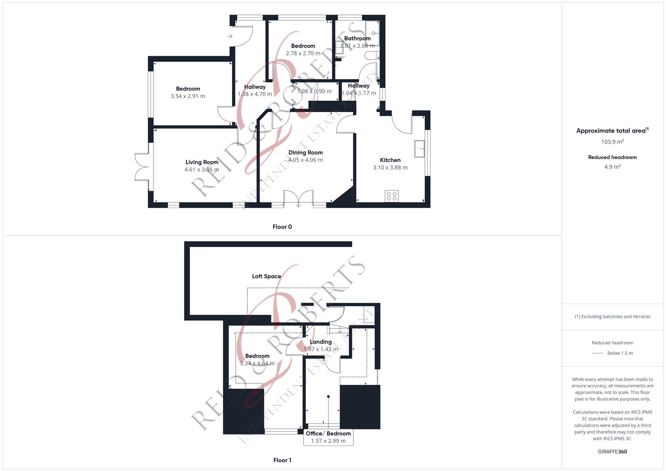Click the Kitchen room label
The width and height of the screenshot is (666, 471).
(x=390, y=160)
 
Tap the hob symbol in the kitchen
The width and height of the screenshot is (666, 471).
(x=392, y=196)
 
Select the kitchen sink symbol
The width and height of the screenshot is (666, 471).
(x=420, y=148)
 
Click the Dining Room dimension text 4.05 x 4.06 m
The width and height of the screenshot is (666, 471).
(x=305, y=160)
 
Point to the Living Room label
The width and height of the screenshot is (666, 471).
(x=202, y=162)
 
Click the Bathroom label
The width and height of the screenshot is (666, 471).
(x=357, y=38)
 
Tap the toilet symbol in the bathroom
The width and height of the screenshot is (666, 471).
(x=372, y=55)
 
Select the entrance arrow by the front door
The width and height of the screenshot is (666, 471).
(x=230, y=36)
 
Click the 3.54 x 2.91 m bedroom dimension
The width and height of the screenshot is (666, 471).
(x=188, y=96)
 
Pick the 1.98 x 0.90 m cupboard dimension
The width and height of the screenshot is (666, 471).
(x=314, y=91)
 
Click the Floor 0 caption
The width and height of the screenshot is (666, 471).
(x=282, y=227)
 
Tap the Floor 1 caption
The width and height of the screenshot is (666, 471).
(x=282, y=460)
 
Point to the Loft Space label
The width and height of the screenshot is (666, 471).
(x=266, y=276)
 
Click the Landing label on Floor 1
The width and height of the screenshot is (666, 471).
(x=321, y=342)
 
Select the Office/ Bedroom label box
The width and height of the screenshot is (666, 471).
(x=328, y=437)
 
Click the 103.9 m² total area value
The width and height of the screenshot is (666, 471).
(x=612, y=142)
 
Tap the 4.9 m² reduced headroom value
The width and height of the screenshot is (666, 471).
(x=612, y=167)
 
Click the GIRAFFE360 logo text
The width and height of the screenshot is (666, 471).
(x=612, y=452)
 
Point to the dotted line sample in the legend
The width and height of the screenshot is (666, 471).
(x=598, y=353)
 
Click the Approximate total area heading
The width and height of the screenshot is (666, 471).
(x=612, y=130)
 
